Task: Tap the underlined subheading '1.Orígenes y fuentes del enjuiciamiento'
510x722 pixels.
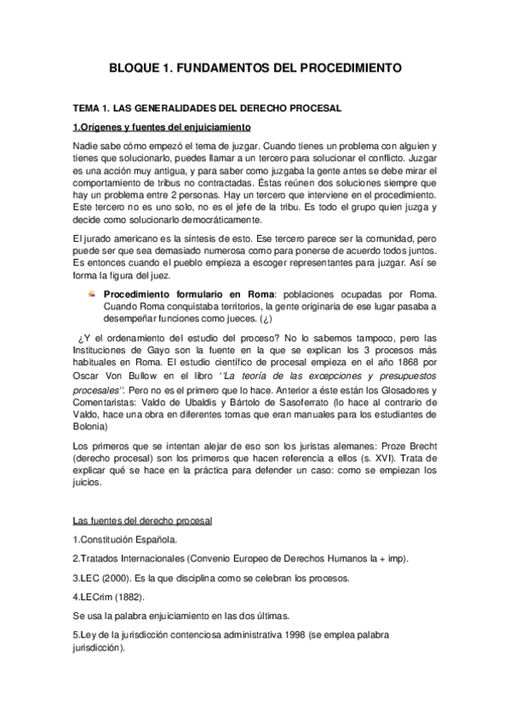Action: pyautogui.click(x=161, y=127)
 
